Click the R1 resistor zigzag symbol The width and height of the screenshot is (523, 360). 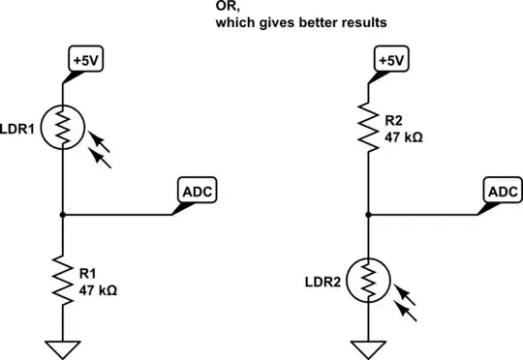(x=62, y=282)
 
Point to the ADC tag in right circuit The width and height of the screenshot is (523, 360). (x=504, y=192)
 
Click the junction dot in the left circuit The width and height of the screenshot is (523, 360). (x=62, y=214)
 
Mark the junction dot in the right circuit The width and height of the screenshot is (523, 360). (x=369, y=214)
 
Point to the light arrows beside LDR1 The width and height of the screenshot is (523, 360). (x=99, y=151)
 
